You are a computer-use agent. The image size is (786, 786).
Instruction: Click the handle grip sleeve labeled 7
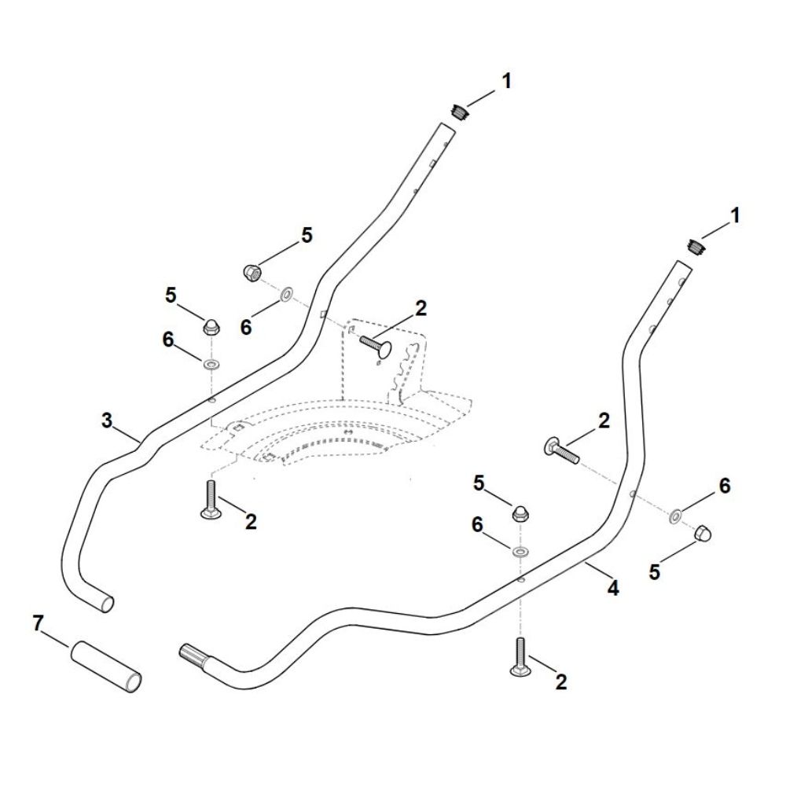(107, 667)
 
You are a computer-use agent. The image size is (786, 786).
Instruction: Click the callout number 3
(108, 421)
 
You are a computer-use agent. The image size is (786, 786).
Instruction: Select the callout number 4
(612, 587)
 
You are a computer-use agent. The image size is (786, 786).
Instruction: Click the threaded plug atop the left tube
(460, 112)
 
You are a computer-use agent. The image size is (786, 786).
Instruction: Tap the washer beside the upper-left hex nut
(285, 295)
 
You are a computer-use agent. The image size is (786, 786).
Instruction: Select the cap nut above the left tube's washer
(211, 327)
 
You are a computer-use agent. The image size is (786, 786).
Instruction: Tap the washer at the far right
(674, 516)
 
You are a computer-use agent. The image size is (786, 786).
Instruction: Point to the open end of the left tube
(106, 604)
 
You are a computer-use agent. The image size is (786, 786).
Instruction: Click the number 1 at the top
(506, 80)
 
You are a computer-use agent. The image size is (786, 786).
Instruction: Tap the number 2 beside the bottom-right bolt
(560, 682)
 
